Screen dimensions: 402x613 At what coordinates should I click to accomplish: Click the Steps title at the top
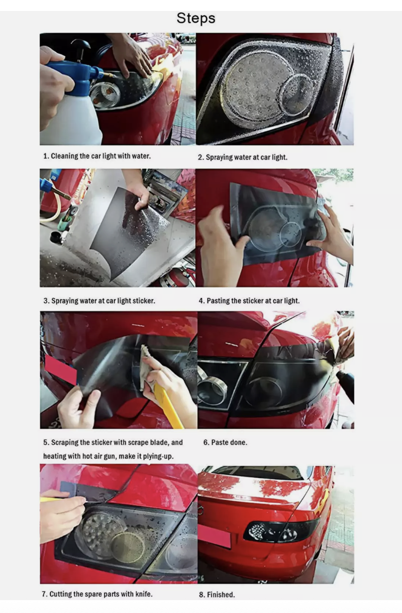196,18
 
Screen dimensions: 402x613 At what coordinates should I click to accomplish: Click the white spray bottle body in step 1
71,117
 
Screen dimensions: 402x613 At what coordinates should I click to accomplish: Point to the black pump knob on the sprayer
80,46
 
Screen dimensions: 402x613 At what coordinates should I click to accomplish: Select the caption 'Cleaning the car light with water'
100,156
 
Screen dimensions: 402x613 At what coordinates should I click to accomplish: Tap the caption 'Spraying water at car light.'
242,157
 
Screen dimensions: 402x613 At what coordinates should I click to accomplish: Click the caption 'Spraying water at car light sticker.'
99,301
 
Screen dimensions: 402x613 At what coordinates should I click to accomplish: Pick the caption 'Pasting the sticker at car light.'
249,301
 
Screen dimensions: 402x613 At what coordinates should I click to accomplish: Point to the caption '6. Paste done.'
225,443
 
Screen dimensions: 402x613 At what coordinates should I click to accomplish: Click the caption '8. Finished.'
217,595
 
